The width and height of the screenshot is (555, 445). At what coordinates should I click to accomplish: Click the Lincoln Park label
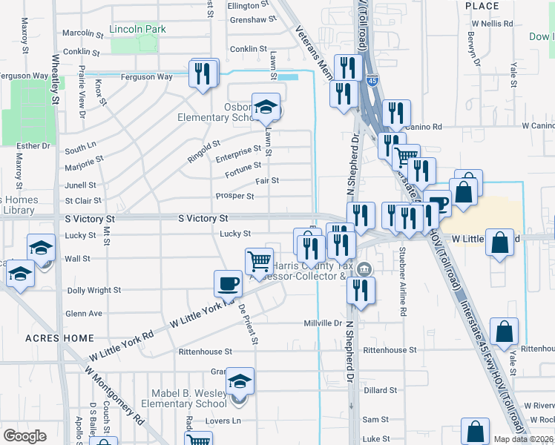(x=137, y=30)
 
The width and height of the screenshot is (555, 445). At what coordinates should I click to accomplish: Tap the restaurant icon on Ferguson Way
(x=204, y=73)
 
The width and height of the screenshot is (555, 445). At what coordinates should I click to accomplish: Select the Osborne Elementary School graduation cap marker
(x=266, y=108)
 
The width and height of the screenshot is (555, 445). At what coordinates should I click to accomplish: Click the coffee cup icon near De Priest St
(x=228, y=283)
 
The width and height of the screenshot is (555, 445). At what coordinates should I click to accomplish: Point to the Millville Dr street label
(x=322, y=323)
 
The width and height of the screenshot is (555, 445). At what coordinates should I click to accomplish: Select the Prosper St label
(x=234, y=197)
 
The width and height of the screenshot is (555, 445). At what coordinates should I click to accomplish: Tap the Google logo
(x=25, y=435)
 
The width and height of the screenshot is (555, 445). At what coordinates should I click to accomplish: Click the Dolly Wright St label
(x=93, y=291)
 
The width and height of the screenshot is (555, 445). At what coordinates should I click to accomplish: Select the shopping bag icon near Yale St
(x=504, y=333)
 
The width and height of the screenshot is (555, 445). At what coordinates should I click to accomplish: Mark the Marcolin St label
(x=82, y=33)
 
